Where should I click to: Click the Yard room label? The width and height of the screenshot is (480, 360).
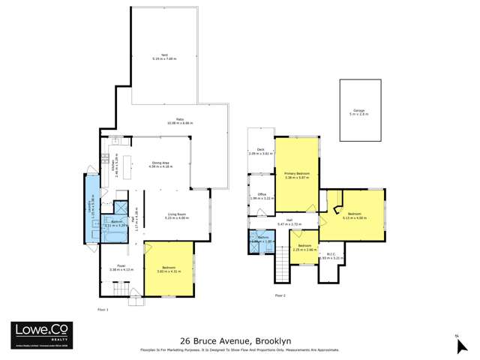[x=162, y=56]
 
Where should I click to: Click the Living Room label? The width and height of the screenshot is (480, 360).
[x=178, y=215]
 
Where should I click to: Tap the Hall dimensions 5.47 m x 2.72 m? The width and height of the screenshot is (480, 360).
[x=289, y=224]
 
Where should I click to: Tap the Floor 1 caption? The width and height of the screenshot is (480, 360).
[x=103, y=309]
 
